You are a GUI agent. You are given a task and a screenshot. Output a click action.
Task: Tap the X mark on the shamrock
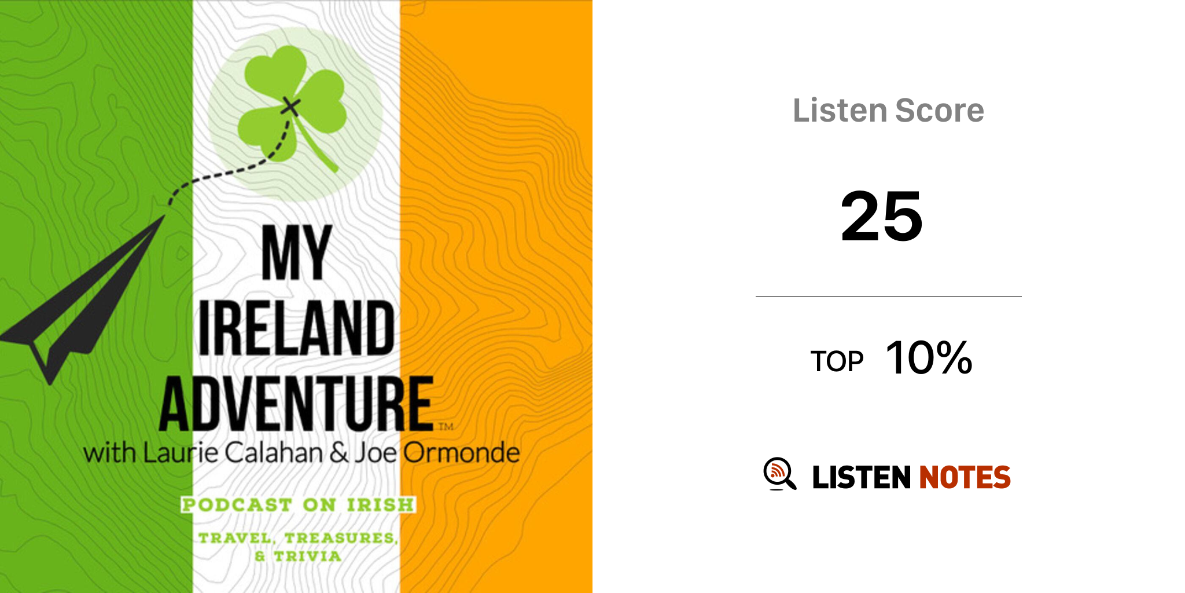290,107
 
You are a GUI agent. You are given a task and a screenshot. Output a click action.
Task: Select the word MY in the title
297,253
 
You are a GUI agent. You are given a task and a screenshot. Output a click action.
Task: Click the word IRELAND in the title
297,328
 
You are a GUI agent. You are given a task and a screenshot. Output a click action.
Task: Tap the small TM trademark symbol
446,427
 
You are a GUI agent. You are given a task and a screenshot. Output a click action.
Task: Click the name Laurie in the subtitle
181,453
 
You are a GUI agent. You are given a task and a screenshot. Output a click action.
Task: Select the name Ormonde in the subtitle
461,453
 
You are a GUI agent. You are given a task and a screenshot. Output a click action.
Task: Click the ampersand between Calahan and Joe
339,453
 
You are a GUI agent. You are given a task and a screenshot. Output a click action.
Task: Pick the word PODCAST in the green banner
237,505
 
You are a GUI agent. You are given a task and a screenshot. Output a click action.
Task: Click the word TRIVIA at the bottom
307,557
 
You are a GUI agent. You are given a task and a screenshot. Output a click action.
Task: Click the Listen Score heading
888,110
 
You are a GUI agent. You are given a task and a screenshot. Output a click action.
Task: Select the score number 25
882,217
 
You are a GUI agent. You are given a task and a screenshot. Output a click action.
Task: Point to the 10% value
929,357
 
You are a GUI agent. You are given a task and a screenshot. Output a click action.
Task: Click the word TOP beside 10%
837,361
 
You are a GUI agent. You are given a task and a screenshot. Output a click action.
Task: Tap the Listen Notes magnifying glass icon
779,474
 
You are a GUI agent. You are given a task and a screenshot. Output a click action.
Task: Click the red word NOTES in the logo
965,477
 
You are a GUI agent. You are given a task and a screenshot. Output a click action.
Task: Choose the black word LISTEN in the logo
862,477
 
